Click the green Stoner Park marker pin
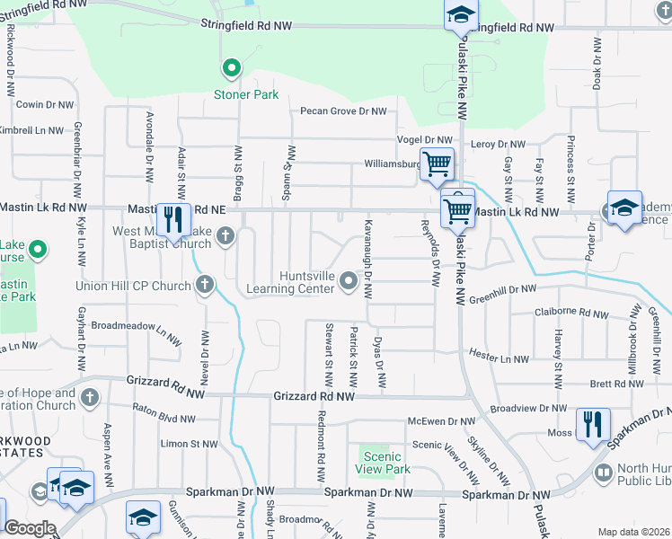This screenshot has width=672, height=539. (231, 68)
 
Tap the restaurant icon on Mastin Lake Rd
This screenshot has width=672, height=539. (171, 218)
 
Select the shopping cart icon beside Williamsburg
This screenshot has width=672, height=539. (437, 164)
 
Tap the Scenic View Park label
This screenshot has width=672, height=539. (383, 463)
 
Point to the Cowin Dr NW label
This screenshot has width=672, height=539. (44, 105)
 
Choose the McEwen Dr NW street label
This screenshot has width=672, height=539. (441, 420)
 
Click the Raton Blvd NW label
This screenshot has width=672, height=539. (163, 418)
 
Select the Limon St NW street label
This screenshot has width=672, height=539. (189, 444)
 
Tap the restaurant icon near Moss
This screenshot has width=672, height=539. (592, 424)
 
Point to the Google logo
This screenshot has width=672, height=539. (30, 528)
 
